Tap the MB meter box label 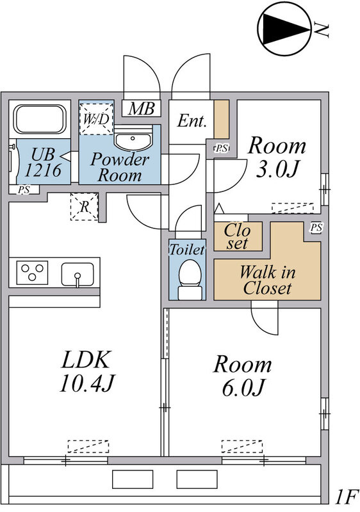(x=141, y=108)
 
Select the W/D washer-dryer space (x=96, y=119)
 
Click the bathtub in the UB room (x=40, y=119)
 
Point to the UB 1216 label (x=43, y=163)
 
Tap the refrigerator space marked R (x=85, y=206)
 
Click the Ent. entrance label (x=192, y=121)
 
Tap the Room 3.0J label (x=277, y=157)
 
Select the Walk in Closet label (x=267, y=280)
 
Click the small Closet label (x=238, y=236)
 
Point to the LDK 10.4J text (x=87, y=371)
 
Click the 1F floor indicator (x=347, y=497)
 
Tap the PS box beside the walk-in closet (x=316, y=228)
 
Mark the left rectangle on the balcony (x=133, y=479)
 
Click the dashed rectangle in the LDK (x=88, y=446)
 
